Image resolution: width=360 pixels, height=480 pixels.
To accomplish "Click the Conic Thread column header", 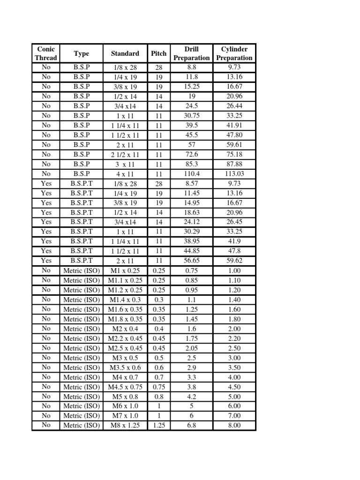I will pos(45,53).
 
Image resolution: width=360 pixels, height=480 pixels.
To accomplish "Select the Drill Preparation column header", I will pos(191,53).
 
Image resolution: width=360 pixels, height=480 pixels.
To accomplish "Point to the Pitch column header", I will pos(159,53).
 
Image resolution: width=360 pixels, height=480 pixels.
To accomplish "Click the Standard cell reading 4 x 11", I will pos(125,174).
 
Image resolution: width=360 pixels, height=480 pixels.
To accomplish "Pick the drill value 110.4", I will pos(192,174).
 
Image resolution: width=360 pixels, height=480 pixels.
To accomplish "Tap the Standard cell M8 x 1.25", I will pos(125,426).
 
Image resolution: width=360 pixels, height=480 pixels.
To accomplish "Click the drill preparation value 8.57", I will pos(192,183).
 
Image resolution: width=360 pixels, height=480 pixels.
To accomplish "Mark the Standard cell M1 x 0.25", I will pos(125,270).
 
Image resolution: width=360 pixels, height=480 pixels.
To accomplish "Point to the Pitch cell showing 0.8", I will pos(159,397).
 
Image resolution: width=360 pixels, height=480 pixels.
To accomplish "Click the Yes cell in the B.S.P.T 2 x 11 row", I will pos(46,261).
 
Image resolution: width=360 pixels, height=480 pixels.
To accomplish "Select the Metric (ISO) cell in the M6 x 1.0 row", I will pos(82,406).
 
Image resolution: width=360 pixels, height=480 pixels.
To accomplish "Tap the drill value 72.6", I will pos(192,154).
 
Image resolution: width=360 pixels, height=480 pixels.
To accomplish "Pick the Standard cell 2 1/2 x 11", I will pos(125,154).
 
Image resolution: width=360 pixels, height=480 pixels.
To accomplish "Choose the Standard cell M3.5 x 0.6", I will pos(125,367).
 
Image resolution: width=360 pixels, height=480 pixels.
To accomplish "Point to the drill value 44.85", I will pos(192,251).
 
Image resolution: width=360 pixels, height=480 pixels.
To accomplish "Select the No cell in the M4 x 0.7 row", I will pos(46,377).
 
